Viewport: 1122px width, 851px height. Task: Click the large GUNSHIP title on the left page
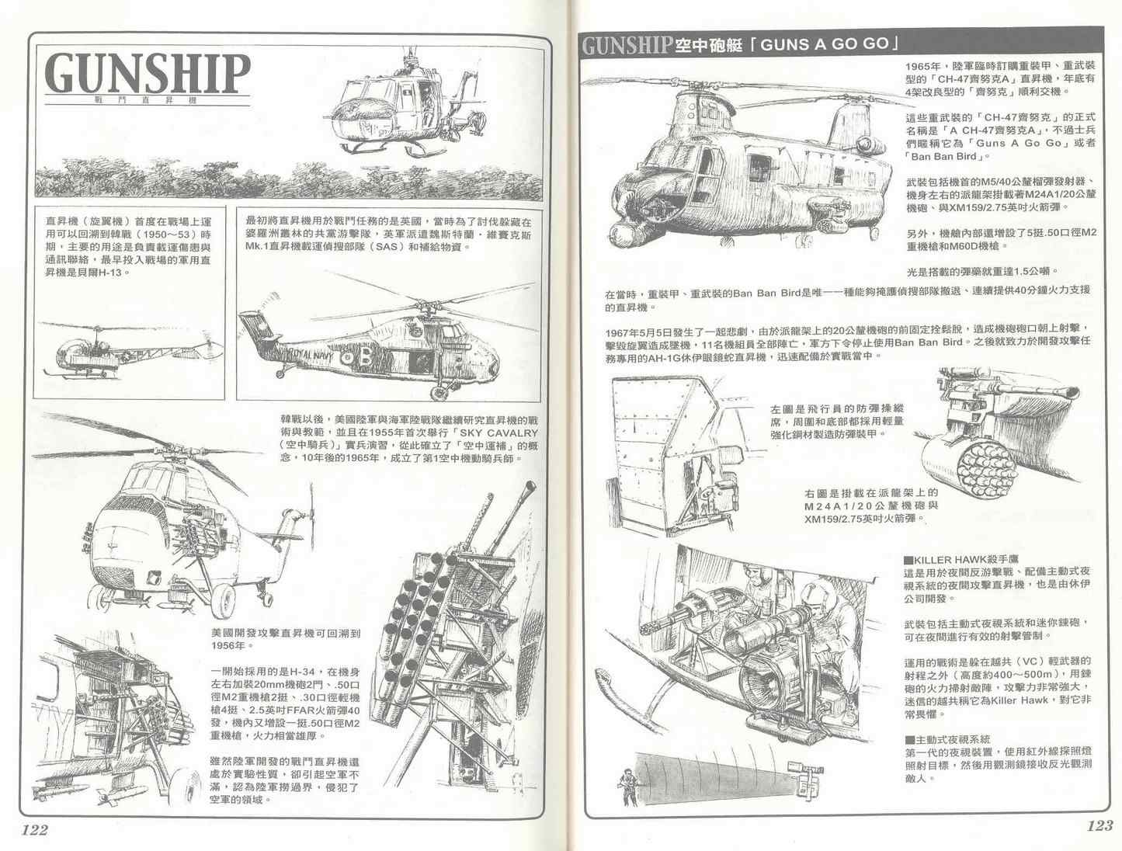click(x=148, y=74)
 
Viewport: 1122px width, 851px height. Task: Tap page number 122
click(x=35, y=829)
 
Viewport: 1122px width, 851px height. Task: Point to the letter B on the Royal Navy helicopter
click(x=366, y=356)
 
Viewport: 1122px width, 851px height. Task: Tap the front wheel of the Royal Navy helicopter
click(x=439, y=393)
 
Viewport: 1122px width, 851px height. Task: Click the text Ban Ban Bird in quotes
click(x=943, y=157)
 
